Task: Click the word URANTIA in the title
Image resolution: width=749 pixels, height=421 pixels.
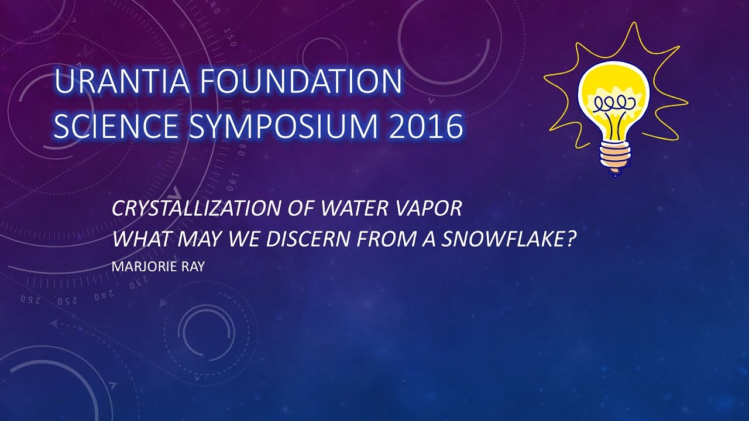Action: [x=121, y=81]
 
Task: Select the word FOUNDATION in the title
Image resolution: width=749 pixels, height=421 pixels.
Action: [x=301, y=81]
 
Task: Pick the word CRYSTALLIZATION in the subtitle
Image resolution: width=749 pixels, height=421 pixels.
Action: [x=196, y=208]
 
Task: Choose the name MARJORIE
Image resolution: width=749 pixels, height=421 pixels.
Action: [x=141, y=267]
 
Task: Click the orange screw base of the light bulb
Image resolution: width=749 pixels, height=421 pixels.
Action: [x=615, y=157]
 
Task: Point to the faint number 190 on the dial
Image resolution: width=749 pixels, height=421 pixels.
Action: [x=231, y=182]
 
